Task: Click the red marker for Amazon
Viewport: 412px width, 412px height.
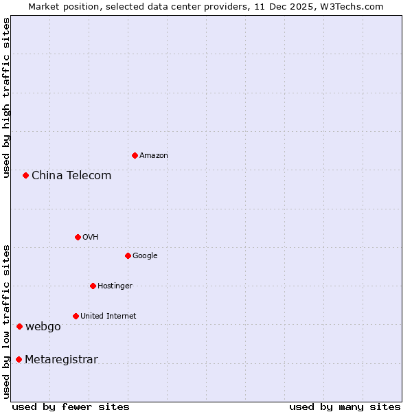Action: (x=135, y=155)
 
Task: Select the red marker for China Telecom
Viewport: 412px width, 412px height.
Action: (x=25, y=175)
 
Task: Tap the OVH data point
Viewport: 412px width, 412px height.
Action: (x=78, y=237)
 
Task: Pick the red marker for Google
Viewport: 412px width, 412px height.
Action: (x=128, y=255)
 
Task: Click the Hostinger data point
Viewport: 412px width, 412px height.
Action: (x=93, y=286)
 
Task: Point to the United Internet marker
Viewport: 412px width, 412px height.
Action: (x=76, y=316)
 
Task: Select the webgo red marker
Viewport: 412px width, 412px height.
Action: (x=19, y=326)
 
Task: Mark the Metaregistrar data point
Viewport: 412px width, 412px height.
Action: (x=19, y=359)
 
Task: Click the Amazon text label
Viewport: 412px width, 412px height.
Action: (x=154, y=156)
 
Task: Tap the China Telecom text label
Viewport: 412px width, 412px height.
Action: (x=71, y=176)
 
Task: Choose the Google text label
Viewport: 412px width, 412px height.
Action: (x=145, y=256)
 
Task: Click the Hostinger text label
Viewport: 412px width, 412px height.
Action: (x=115, y=286)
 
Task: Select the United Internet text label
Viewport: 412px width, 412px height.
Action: (x=108, y=317)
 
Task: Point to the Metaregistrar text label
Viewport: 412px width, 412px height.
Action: (x=61, y=360)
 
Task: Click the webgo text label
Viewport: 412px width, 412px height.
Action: (x=43, y=327)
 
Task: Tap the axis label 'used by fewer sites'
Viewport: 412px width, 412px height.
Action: (x=71, y=407)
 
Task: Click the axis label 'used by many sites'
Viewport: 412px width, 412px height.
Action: (x=345, y=407)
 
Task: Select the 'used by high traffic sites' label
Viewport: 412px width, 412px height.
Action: (x=6, y=98)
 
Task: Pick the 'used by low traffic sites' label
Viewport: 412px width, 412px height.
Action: (x=6, y=321)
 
